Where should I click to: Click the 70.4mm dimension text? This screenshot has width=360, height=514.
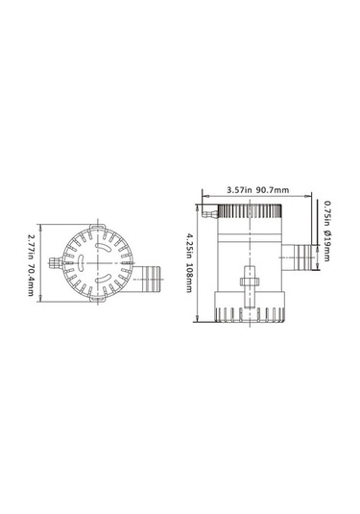click(x=32, y=280)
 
